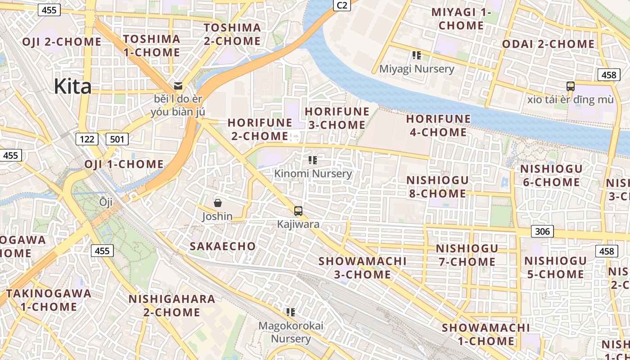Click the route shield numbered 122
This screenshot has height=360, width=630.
coord(87,139)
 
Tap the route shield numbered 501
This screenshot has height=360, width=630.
coord(117,139)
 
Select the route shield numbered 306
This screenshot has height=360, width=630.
coord(542,231)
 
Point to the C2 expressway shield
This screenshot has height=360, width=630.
coord(342,5)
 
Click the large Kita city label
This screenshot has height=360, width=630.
coord(72,86)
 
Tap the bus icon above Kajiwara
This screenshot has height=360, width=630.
coord(298,211)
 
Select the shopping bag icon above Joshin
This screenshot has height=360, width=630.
coord(218,203)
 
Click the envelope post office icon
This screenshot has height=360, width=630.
coord(178,85)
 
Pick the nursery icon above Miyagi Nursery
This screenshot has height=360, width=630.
coord(417,55)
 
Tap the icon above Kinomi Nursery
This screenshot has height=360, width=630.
coord(313,160)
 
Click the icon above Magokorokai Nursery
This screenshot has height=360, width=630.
coord(291,311)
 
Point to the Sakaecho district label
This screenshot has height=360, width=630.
coord(222,246)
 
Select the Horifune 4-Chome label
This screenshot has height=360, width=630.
coord(438,126)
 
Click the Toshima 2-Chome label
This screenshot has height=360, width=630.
coord(232,34)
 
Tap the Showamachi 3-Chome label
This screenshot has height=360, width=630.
coord(362,268)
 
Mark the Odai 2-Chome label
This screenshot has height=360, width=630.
coord(548,44)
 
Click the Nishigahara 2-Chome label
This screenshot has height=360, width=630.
coord(172,306)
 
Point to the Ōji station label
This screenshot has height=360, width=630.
coord(106,202)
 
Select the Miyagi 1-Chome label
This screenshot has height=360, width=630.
coord(461,18)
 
